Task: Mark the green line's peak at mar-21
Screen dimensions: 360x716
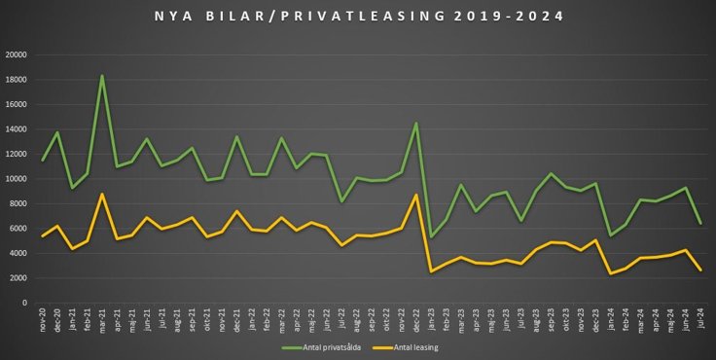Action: [102, 76]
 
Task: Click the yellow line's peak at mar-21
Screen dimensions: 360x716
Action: [102, 194]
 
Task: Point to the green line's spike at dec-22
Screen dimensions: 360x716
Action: [416, 124]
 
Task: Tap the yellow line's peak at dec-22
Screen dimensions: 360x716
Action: [416, 195]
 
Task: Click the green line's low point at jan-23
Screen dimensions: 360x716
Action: [431, 237]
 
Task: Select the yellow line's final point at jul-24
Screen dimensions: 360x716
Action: [701, 270]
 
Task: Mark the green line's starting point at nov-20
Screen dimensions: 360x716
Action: [43, 161]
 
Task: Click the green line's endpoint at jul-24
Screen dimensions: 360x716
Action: [701, 224]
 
